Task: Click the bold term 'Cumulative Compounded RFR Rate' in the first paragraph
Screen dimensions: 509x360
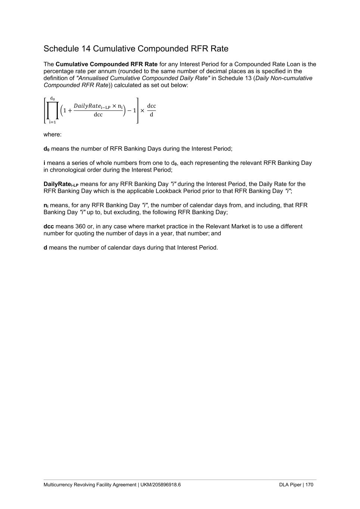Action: point(106,64)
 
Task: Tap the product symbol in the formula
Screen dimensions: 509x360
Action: point(53,111)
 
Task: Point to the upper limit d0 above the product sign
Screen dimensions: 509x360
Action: point(53,99)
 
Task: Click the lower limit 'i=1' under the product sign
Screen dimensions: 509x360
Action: point(53,122)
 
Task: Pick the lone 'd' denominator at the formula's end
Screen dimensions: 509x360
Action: point(151,115)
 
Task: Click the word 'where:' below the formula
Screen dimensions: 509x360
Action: point(53,135)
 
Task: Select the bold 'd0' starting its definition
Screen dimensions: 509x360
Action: point(46,149)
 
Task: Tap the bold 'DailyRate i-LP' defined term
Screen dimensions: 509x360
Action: point(61,184)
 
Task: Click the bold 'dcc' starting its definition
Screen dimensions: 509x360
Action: point(49,226)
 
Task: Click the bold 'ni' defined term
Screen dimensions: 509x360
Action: point(46,205)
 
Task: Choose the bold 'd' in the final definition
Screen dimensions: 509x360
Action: point(46,248)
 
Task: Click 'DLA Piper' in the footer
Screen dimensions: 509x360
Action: point(290,485)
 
